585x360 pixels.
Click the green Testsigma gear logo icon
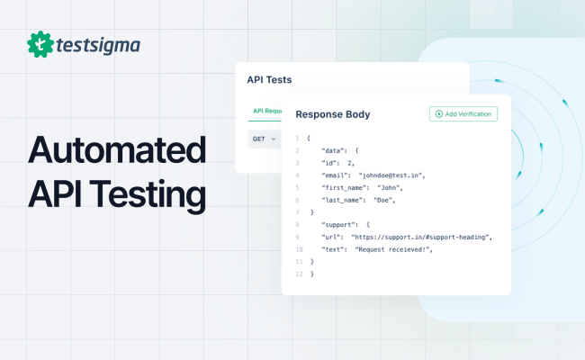[x=39, y=44]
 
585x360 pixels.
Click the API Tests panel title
[x=269, y=79]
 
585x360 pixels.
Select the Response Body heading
[x=332, y=114]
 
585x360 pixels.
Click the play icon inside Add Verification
[x=438, y=114]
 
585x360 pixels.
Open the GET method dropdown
[x=264, y=139]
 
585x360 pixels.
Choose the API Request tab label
[x=267, y=111]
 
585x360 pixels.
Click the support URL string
[x=421, y=237]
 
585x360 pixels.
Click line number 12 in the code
[x=298, y=274]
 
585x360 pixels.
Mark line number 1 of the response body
[x=298, y=138]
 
